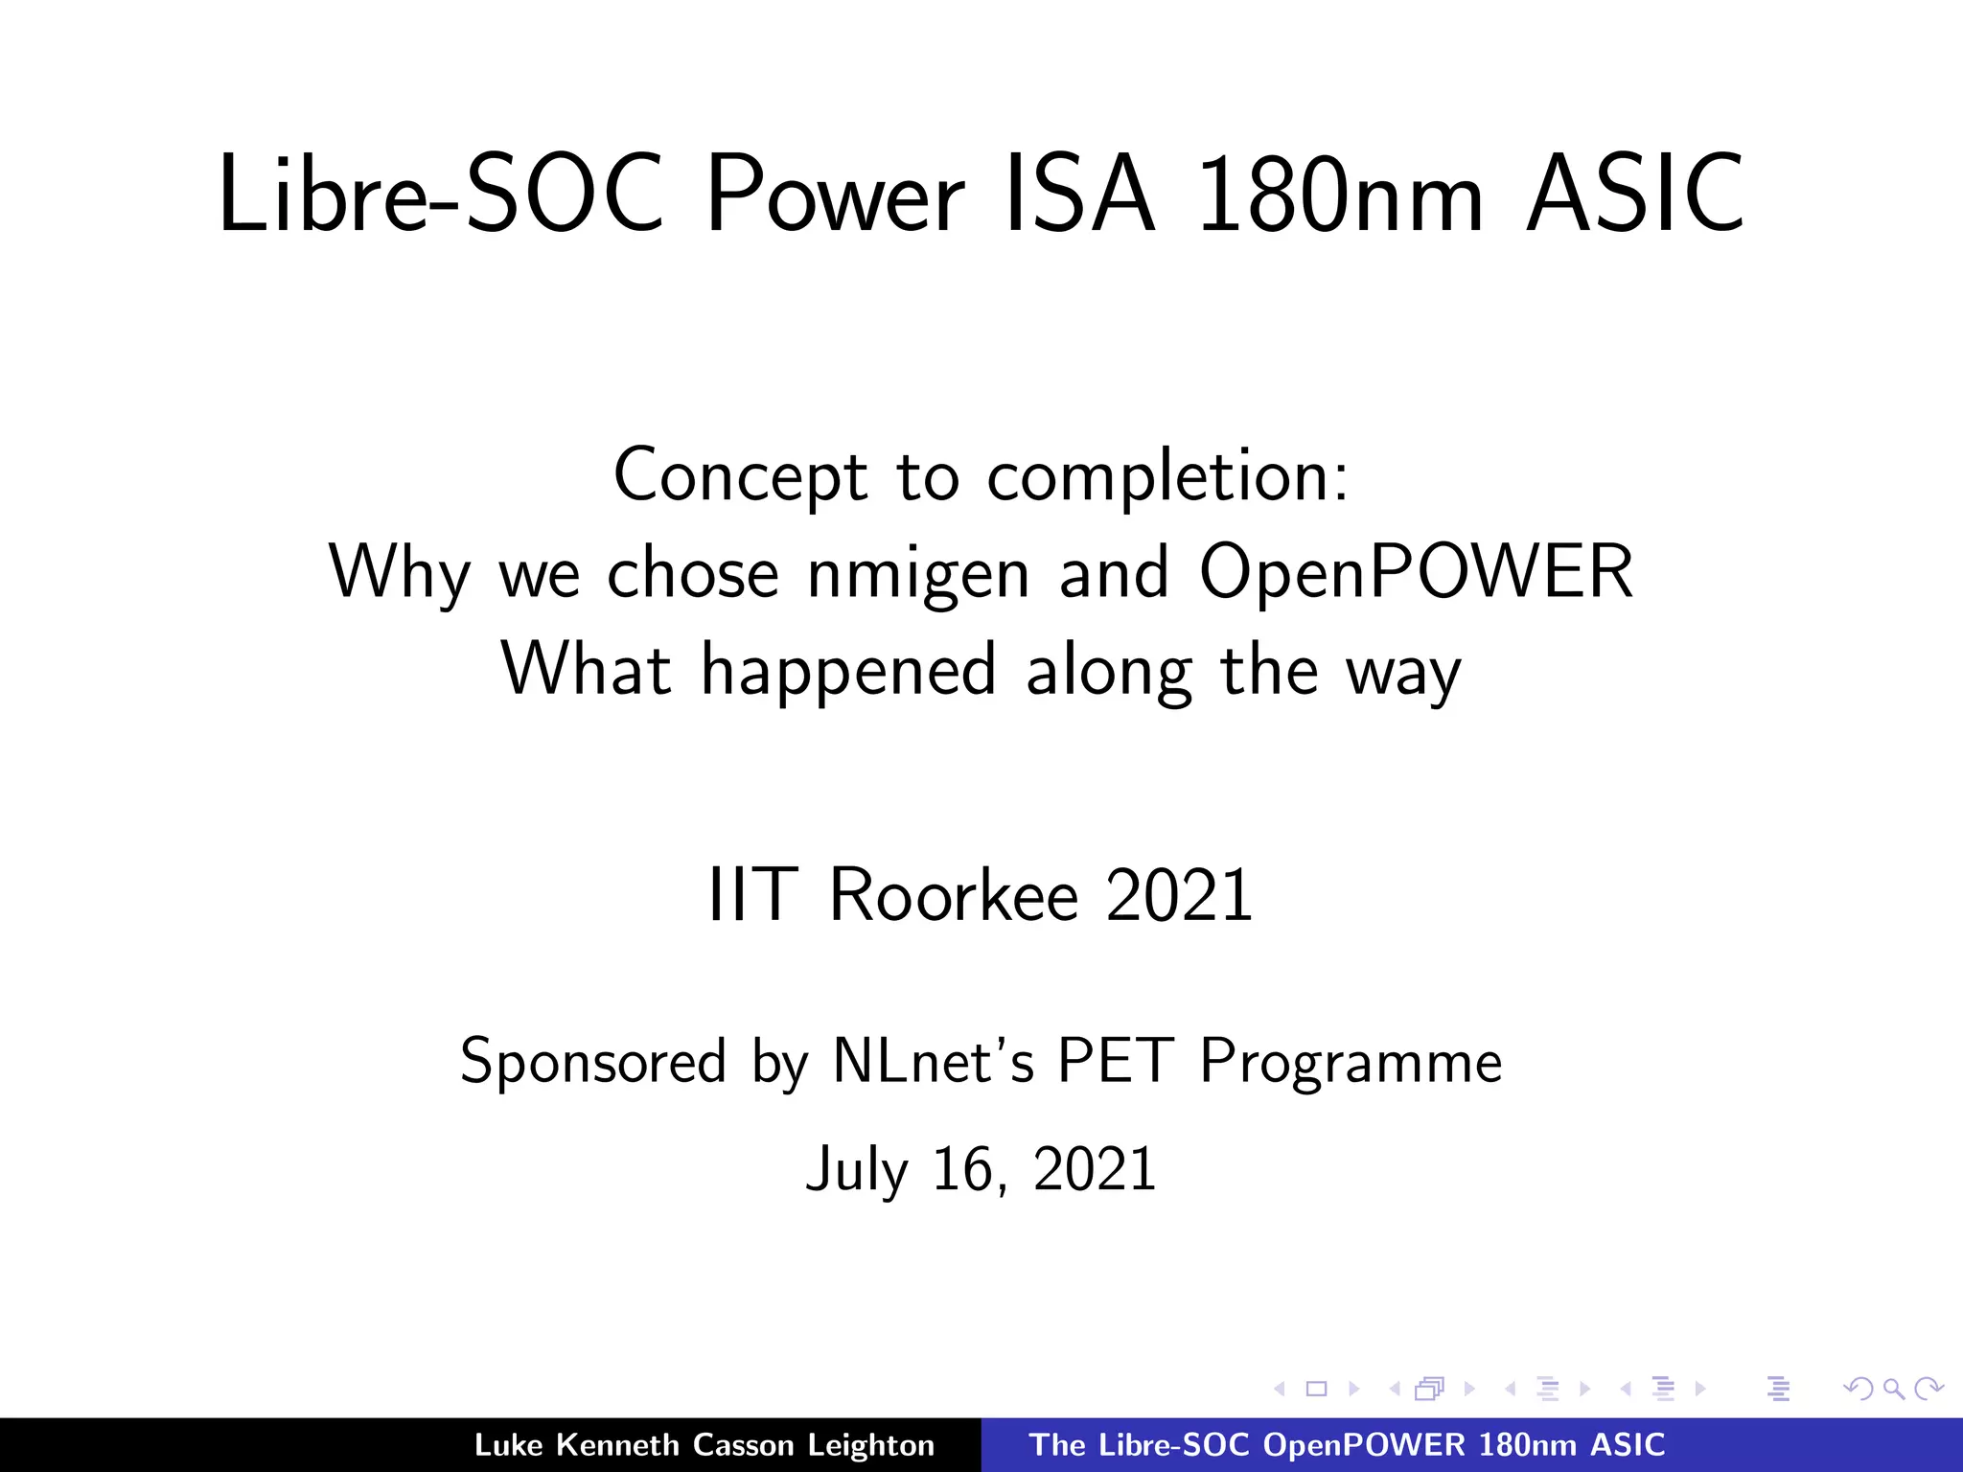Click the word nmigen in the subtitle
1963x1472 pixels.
click(x=918, y=572)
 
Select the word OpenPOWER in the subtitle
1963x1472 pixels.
click(x=1416, y=572)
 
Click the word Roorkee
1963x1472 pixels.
click(x=954, y=895)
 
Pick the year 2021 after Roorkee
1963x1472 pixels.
click(x=1179, y=895)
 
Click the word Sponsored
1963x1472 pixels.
click(x=593, y=1061)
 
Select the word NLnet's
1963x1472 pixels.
click(x=934, y=1061)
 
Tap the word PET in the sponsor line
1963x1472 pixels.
click(x=1116, y=1061)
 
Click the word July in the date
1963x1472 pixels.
click(x=857, y=1169)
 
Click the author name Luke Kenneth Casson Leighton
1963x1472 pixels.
click(x=704, y=1445)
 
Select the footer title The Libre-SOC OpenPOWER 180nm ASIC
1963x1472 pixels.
click(x=1347, y=1445)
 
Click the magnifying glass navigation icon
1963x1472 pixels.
click(x=1893, y=1389)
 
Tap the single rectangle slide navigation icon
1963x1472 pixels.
click(x=1316, y=1389)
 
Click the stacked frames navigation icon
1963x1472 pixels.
click(x=1429, y=1389)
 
